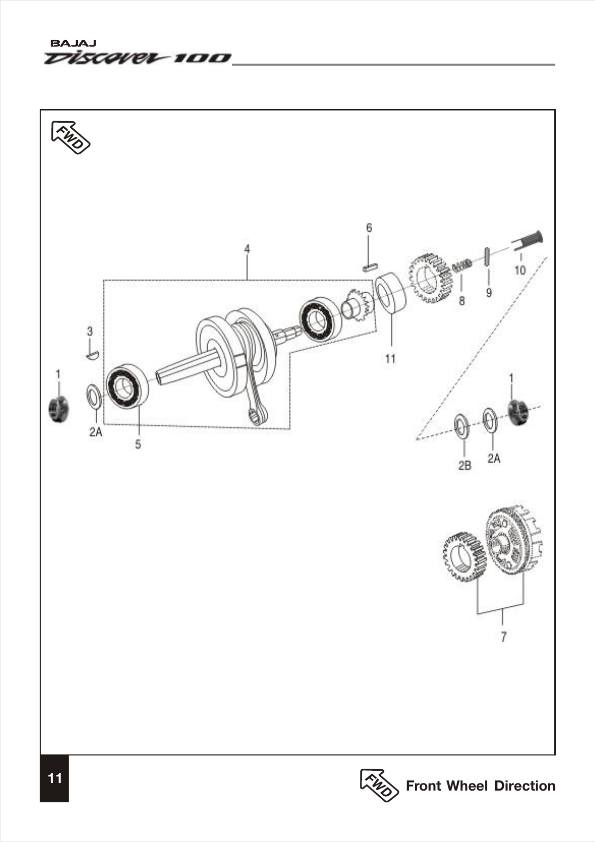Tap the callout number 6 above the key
click(369, 228)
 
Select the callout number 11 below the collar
click(390, 358)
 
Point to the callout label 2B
click(464, 465)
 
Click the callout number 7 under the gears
click(503, 636)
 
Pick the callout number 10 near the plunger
click(520, 270)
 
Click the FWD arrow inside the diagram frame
click(71, 137)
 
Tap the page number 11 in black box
click(54, 778)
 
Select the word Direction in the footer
click(525, 786)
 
